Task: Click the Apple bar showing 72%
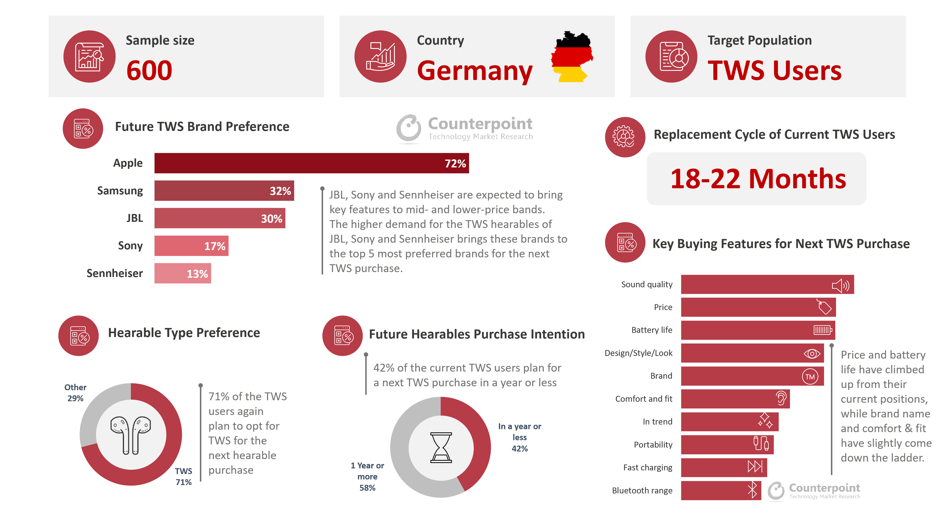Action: [311, 163]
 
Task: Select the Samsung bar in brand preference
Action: [224, 191]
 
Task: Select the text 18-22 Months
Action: [758, 179]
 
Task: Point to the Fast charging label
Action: [647, 468]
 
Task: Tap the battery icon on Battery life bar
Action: [823, 330]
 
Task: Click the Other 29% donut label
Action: [75, 393]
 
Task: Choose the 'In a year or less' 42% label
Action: [520, 437]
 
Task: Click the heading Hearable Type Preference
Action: [184, 333]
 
